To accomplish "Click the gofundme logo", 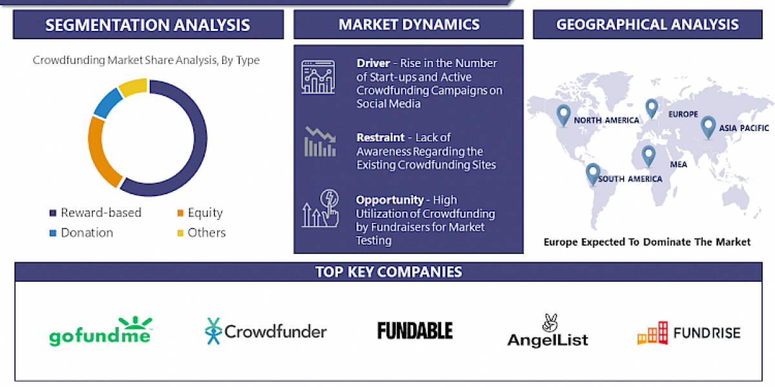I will click(x=100, y=332).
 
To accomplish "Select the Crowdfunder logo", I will click(x=265, y=332).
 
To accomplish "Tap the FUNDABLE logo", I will click(x=415, y=331).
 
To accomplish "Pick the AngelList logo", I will click(x=547, y=332).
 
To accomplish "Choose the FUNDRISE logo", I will click(x=688, y=333).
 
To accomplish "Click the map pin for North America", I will click(x=563, y=114).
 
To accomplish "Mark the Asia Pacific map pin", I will click(x=708, y=125).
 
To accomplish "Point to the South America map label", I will click(x=630, y=179).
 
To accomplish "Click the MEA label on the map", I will click(x=678, y=164).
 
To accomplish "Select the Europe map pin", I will click(x=651, y=107).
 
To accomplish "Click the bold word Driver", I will click(x=373, y=63).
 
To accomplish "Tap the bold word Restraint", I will click(x=380, y=137).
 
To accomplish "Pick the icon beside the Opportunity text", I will click(x=319, y=208).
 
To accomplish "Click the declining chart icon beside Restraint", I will click(x=319, y=142).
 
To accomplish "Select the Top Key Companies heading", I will click(x=388, y=272).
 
